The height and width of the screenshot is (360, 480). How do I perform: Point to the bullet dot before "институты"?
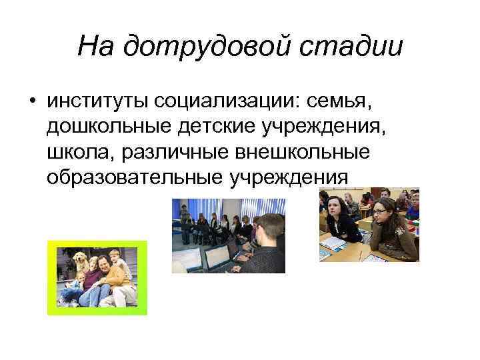pyautogui.click(x=32, y=101)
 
